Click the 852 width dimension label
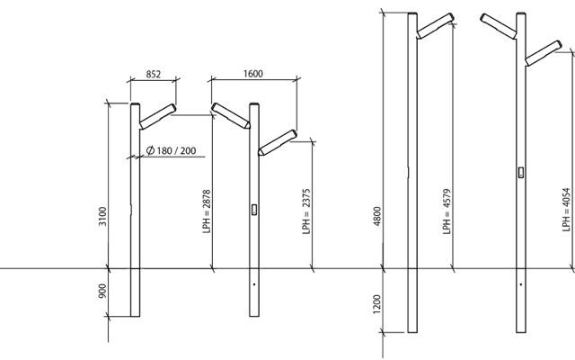154,74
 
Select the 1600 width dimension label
253,74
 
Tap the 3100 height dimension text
102,216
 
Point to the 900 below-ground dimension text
102,291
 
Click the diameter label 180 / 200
171,150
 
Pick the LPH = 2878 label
207,211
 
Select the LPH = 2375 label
306,211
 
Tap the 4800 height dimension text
377,216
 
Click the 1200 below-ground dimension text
377,304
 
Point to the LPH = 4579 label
447,211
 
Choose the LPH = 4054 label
567,210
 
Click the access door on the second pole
253,210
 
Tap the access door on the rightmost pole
521,172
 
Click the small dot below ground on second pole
254,284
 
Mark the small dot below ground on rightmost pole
521,284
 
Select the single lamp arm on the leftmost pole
158,116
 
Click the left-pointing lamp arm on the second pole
231,116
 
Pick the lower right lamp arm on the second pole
278,142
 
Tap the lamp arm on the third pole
435,26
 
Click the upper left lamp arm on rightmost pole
499,26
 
